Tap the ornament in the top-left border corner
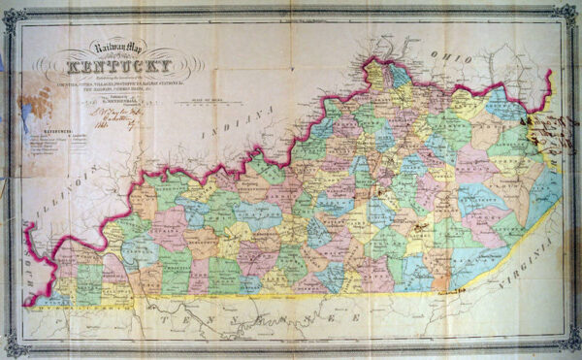[x=12, y=13]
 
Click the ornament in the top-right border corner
[x=570, y=13]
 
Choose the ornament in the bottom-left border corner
[x=12, y=348]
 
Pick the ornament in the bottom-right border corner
[x=570, y=348]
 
